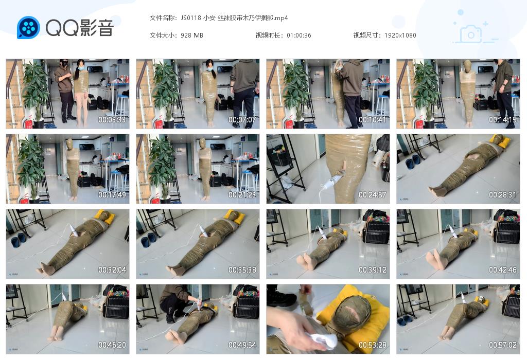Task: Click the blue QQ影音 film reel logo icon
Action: (x=28, y=28)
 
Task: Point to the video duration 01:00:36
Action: (x=298, y=35)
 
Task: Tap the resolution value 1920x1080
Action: (x=400, y=35)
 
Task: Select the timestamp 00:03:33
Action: (x=112, y=120)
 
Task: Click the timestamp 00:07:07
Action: (x=242, y=120)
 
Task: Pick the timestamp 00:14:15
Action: (x=502, y=120)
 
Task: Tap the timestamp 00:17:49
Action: (x=112, y=195)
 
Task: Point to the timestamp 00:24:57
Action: (x=372, y=195)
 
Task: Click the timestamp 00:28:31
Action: (x=502, y=195)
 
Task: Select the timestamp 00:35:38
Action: (x=242, y=270)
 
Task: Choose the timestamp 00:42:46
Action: (x=502, y=270)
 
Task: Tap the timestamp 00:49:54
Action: (x=242, y=345)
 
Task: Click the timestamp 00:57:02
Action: (x=502, y=345)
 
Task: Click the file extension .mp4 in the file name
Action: (x=280, y=18)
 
